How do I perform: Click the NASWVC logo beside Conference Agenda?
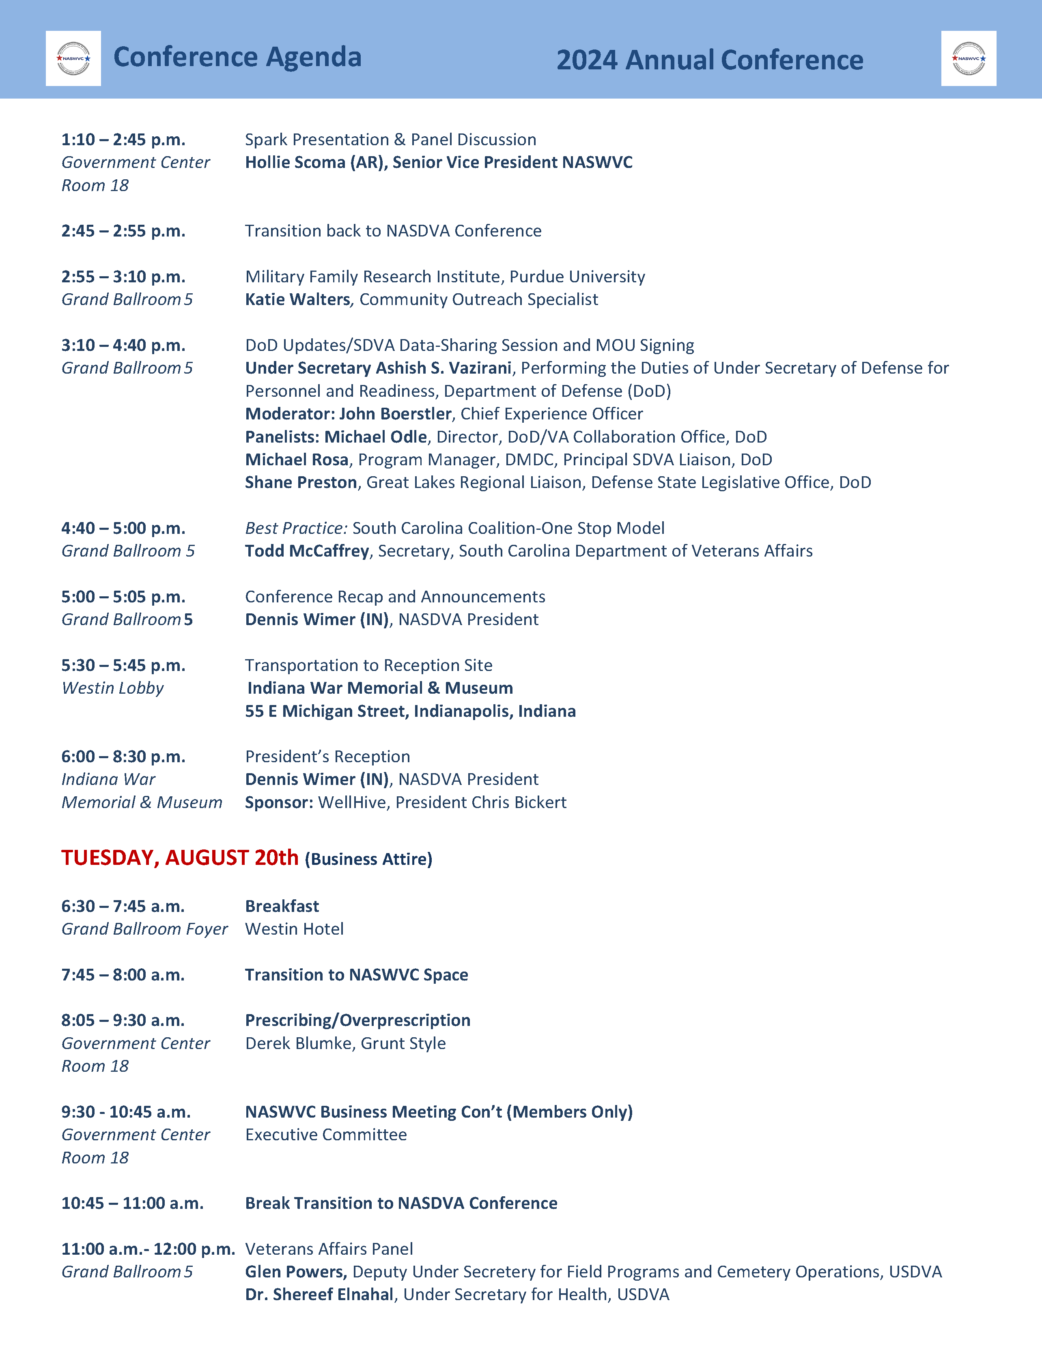click(x=73, y=59)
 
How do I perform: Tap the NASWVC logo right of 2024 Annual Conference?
click(x=969, y=59)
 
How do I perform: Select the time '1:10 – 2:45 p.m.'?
click(x=123, y=140)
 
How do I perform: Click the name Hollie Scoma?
click(x=295, y=162)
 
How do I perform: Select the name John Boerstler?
click(x=395, y=413)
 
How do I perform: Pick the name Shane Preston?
click(x=301, y=482)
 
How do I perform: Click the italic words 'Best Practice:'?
click(x=296, y=528)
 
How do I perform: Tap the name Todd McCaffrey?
click(x=307, y=550)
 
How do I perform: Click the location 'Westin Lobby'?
click(x=112, y=688)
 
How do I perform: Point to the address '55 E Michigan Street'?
click(x=327, y=711)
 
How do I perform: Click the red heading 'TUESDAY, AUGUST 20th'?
click(x=180, y=858)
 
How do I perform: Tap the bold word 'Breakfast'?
click(x=282, y=906)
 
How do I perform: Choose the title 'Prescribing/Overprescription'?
click(x=357, y=1020)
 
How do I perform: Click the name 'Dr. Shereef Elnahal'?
click(x=319, y=1294)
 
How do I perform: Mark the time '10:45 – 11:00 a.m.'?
click(x=132, y=1203)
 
